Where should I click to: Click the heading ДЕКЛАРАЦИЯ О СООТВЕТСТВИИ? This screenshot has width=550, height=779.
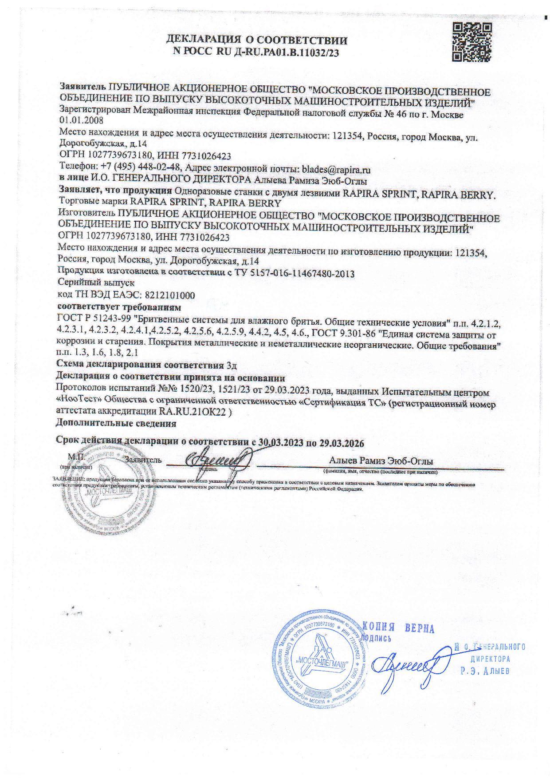[257, 41]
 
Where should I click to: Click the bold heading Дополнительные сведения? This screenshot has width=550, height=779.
[116, 423]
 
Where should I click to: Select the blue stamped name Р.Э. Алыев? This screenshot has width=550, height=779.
[485, 670]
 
